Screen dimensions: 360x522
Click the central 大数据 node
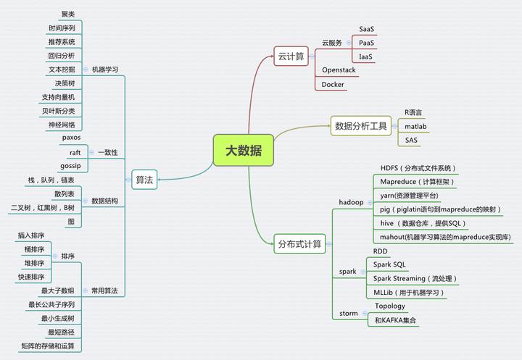tap(244, 151)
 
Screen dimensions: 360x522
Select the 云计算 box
tap(291, 56)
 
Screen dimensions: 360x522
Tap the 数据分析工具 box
tap(360, 126)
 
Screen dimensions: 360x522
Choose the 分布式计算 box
tap(299, 244)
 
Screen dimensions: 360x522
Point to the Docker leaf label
tap(333, 84)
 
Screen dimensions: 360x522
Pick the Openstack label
tap(339, 70)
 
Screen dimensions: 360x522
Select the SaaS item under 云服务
tap(367, 29)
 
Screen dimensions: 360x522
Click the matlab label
tap(415, 126)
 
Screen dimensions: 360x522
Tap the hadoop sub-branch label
tap(351, 201)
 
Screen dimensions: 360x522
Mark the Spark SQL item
tap(389, 264)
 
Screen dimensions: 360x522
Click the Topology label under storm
tap(390, 306)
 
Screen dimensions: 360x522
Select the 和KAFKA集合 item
tap(396, 319)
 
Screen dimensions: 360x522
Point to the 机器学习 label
tap(105, 70)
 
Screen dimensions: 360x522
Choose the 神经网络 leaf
tap(62, 124)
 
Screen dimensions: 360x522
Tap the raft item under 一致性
tap(75, 152)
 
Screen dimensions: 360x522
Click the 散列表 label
tap(65, 194)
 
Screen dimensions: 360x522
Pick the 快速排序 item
tap(31, 277)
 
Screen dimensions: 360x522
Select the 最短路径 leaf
tap(62, 332)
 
